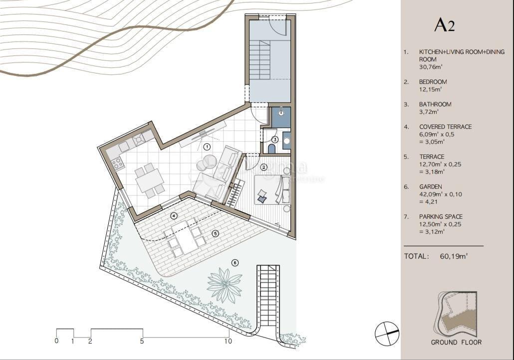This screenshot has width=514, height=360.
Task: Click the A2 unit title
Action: pyautogui.click(x=444, y=24)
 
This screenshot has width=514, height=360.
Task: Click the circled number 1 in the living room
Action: pyautogui.click(x=207, y=146)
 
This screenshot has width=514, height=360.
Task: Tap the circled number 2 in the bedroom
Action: pyautogui.click(x=264, y=167)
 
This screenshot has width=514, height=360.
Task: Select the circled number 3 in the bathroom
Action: pyautogui.click(x=275, y=140)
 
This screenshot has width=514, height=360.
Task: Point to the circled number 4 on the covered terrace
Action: pyautogui.click(x=174, y=216)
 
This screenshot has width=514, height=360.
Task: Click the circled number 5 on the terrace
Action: pyautogui.click(x=215, y=233)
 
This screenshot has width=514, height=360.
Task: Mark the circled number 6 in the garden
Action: pyautogui.click(x=235, y=263)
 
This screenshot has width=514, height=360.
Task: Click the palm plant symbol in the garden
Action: pyautogui.click(x=225, y=285)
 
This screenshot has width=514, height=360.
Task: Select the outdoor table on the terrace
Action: pyautogui.click(x=186, y=238)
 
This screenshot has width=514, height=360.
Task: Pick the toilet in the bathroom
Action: pyautogui.click(x=271, y=148)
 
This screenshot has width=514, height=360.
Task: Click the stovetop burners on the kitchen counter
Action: pyautogui.click(x=118, y=162)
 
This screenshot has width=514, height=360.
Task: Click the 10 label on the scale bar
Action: pyautogui.click(x=228, y=342)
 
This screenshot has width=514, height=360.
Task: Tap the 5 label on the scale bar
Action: pyautogui.click(x=142, y=342)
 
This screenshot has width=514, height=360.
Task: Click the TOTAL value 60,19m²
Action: pyautogui.click(x=454, y=256)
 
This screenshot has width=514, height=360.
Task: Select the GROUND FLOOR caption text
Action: pyautogui.click(x=456, y=342)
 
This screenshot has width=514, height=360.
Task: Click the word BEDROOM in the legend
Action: pyautogui.click(x=433, y=82)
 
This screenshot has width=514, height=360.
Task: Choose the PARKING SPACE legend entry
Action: pyautogui.click(x=441, y=217)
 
